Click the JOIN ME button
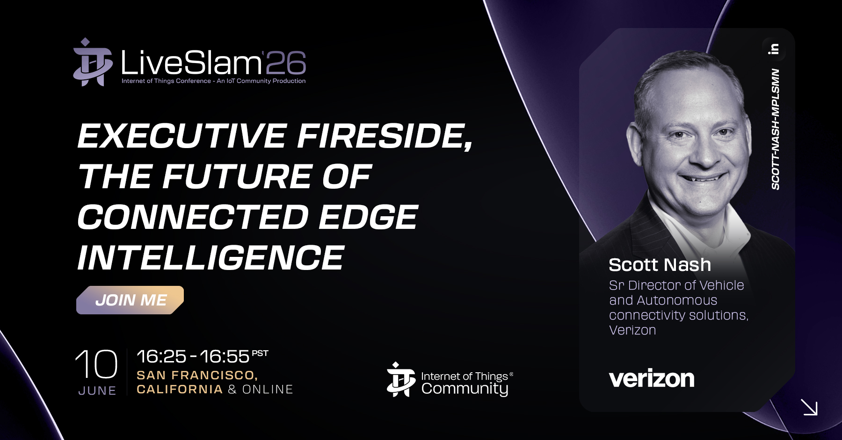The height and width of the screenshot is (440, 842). pyautogui.click(x=130, y=300)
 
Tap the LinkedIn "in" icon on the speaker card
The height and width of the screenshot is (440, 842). pyautogui.click(x=774, y=49)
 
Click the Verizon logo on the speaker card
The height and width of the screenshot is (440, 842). pyautogui.click(x=652, y=378)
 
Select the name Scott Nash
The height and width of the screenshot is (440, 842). pyautogui.click(x=660, y=265)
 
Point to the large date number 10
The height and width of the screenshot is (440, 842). pyautogui.click(x=96, y=364)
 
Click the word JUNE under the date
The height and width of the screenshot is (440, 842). pyautogui.click(x=97, y=390)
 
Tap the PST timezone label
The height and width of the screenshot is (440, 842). pyautogui.click(x=260, y=353)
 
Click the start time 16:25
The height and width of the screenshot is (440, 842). pyautogui.click(x=161, y=357)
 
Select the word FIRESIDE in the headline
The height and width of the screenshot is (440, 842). pyautogui.click(x=385, y=136)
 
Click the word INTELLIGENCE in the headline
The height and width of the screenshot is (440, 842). pyautogui.click(x=211, y=258)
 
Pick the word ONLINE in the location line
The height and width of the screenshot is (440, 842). pyautogui.click(x=268, y=390)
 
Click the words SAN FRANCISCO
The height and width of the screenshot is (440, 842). pyautogui.click(x=197, y=375)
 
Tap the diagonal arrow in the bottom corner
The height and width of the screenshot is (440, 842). pyautogui.click(x=809, y=407)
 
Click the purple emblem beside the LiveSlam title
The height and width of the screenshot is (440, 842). pyautogui.click(x=93, y=62)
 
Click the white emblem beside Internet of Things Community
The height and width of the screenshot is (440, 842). pyautogui.click(x=401, y=379)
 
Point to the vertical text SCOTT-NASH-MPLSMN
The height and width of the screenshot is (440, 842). pyautogui.click(x=775, y=129)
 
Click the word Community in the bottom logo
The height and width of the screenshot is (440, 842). pyautogui.click(x=465, y=389)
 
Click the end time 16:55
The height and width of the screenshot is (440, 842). pyautogui.click(x=225, y=357)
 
